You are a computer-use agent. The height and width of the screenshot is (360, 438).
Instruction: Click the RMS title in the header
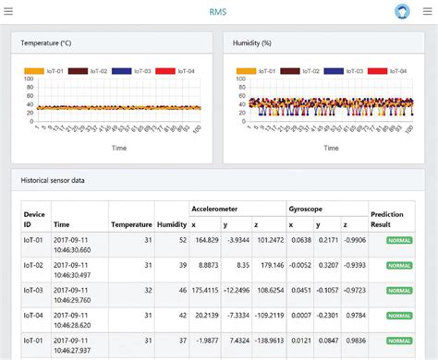point(218,12)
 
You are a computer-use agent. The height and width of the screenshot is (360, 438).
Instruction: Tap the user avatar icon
point(402,12)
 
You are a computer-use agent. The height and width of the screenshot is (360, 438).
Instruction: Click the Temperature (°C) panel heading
point(52,43)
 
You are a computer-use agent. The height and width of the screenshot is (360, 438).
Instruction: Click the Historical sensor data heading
point(53,180)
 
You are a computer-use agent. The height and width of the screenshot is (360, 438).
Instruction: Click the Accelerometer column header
point(215,209)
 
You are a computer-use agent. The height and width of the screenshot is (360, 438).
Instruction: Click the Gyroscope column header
point(306,209)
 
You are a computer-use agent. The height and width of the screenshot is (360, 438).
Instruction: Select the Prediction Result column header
point(386,219)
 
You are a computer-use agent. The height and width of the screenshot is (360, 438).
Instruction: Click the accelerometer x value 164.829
point(206,240)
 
